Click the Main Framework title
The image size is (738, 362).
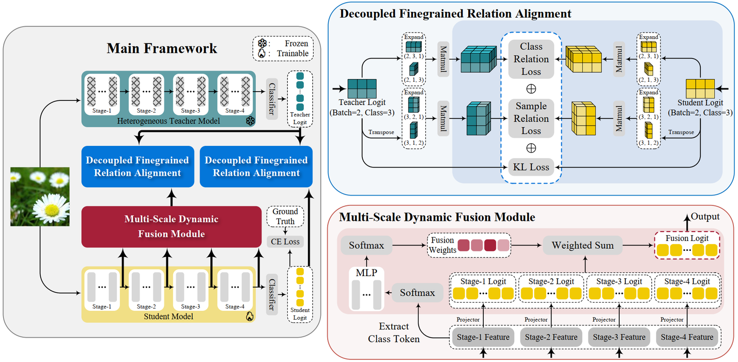[162, 49]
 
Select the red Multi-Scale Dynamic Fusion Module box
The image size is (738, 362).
[171, 227]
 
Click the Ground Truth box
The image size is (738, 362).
[285, 216]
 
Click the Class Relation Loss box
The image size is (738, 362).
[531, 59]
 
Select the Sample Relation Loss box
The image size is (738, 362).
[531, 118]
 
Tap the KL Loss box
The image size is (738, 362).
[531, 167]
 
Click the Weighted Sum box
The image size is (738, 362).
[582, 246]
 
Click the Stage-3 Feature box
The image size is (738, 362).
[619, 337]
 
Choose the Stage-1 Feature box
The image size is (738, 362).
[483, 337]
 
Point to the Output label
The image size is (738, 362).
[705, 216]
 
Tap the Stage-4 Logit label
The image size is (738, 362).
[687, 281]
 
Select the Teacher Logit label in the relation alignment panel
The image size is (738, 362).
[362, 102]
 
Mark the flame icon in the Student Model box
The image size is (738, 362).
[250, 315]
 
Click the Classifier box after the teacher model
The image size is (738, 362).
[272, 99]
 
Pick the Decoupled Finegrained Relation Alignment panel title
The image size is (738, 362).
[455, 13]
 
